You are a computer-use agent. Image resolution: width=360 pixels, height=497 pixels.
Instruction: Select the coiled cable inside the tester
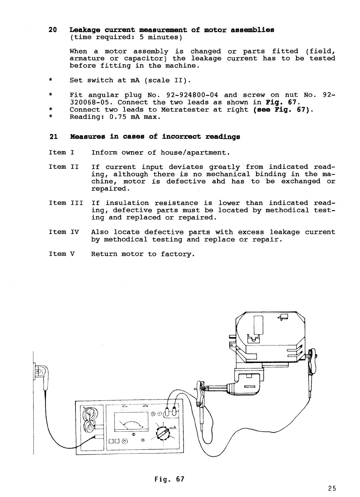coord(89,420)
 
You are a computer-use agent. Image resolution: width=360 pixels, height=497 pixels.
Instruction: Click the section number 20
coord(53,30)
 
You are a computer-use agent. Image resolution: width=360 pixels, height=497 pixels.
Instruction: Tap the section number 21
coord(53,137)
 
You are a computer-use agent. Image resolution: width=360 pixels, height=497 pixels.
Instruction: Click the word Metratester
coord(185,110)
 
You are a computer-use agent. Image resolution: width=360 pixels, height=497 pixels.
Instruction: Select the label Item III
coord(66,203)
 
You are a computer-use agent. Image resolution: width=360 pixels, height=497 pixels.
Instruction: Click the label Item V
coord(62,254)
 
